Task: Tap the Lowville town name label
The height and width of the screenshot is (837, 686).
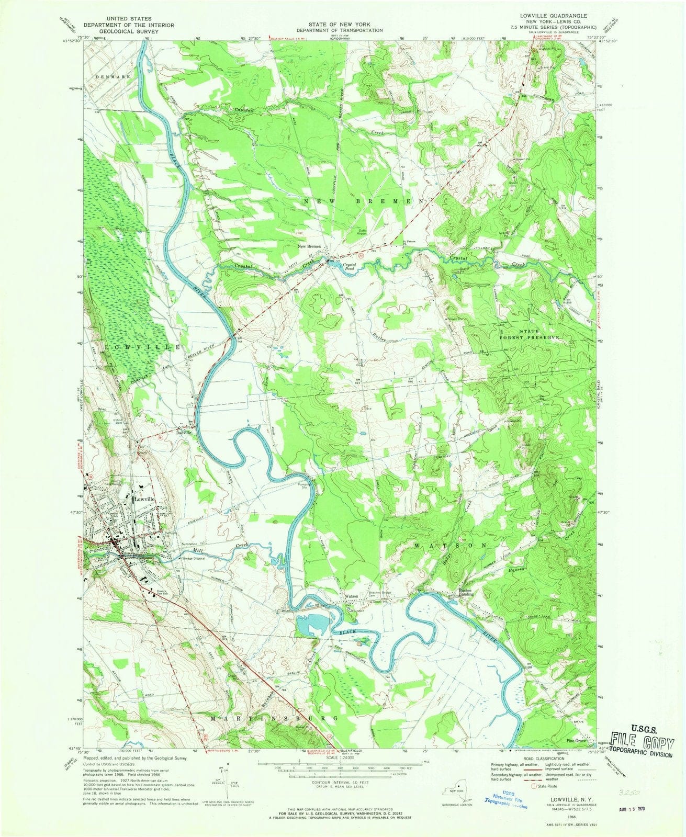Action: pyautogui.click(x=144, y=500)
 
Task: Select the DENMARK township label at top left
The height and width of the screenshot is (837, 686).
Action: pyautogui.click(x=113, y=77)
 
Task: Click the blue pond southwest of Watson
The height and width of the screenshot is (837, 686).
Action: pyautogui.click(x=313, y=625)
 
